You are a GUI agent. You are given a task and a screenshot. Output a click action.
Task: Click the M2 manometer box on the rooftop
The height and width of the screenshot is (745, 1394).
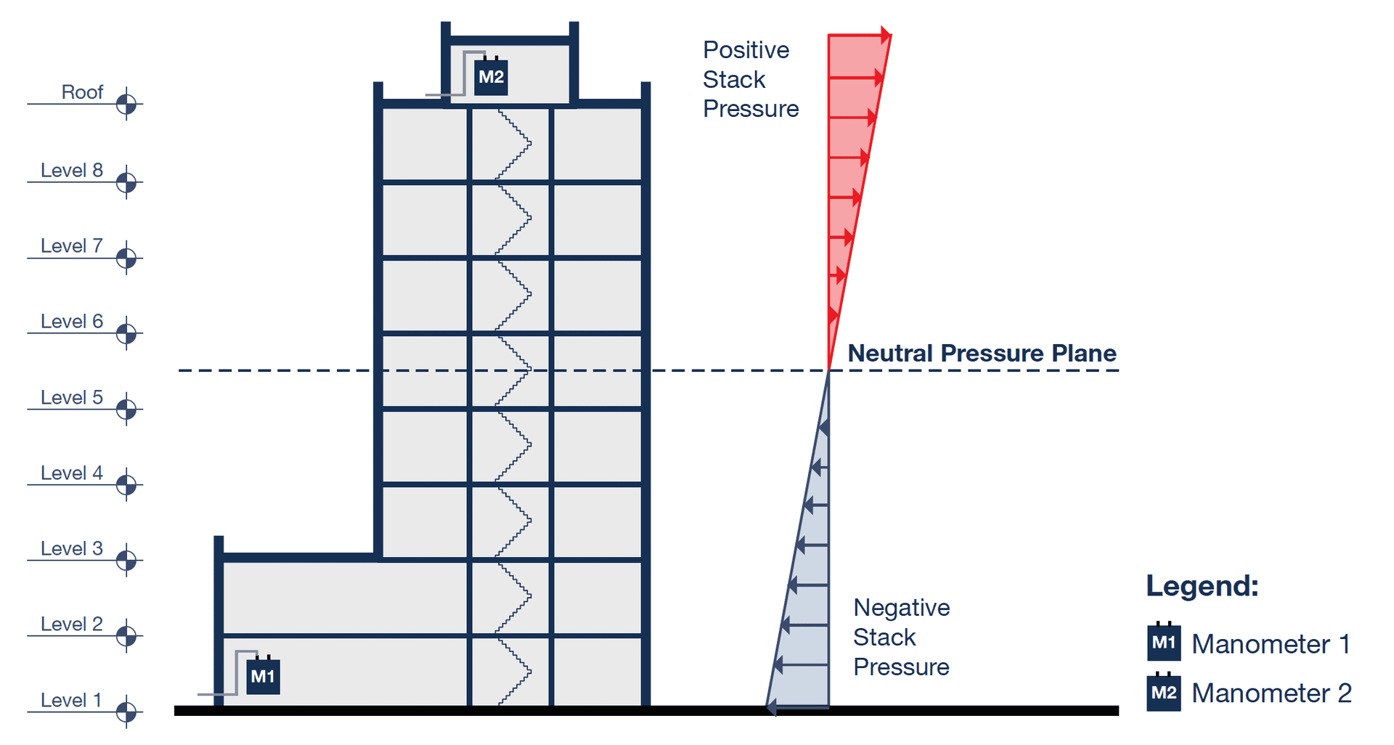[491, 78]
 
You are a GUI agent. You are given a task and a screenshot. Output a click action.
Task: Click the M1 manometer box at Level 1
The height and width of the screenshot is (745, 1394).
[263, 677]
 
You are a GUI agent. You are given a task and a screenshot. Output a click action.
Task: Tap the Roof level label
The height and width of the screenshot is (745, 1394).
[82, 92]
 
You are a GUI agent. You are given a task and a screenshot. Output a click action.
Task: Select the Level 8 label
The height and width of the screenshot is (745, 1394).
[71, 171]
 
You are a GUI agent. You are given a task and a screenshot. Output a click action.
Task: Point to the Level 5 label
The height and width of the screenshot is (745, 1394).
[71, 398]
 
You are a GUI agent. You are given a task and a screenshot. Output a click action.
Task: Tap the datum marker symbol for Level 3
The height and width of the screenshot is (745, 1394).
[126, 560]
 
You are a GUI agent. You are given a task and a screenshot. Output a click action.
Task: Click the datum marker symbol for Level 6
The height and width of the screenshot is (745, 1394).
[126, 333]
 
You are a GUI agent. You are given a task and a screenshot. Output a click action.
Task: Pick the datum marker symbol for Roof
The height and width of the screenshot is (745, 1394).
[126, 104]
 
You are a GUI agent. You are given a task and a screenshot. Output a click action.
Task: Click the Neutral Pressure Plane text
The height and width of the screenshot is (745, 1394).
[982, 354]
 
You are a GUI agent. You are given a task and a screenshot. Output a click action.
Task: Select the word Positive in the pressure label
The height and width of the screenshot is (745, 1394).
[746, 50]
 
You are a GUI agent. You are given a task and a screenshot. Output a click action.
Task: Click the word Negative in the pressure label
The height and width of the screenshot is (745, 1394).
[901, 608]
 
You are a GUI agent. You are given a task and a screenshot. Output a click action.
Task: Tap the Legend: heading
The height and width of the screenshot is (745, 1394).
[1202, 586]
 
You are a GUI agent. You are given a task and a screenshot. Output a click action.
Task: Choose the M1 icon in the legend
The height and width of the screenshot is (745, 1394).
[1163, 643]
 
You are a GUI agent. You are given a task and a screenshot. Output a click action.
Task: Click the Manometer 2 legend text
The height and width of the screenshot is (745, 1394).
[1271, 693]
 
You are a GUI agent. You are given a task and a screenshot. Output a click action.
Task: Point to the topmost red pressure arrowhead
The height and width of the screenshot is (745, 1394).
[886, 34]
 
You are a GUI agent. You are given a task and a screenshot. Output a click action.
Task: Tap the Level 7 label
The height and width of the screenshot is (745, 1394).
[71, 246]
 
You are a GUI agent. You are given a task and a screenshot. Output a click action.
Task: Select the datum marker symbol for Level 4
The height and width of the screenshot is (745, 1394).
[126, 484]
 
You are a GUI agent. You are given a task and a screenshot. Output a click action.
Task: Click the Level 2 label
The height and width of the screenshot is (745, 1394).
[71, 624]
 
